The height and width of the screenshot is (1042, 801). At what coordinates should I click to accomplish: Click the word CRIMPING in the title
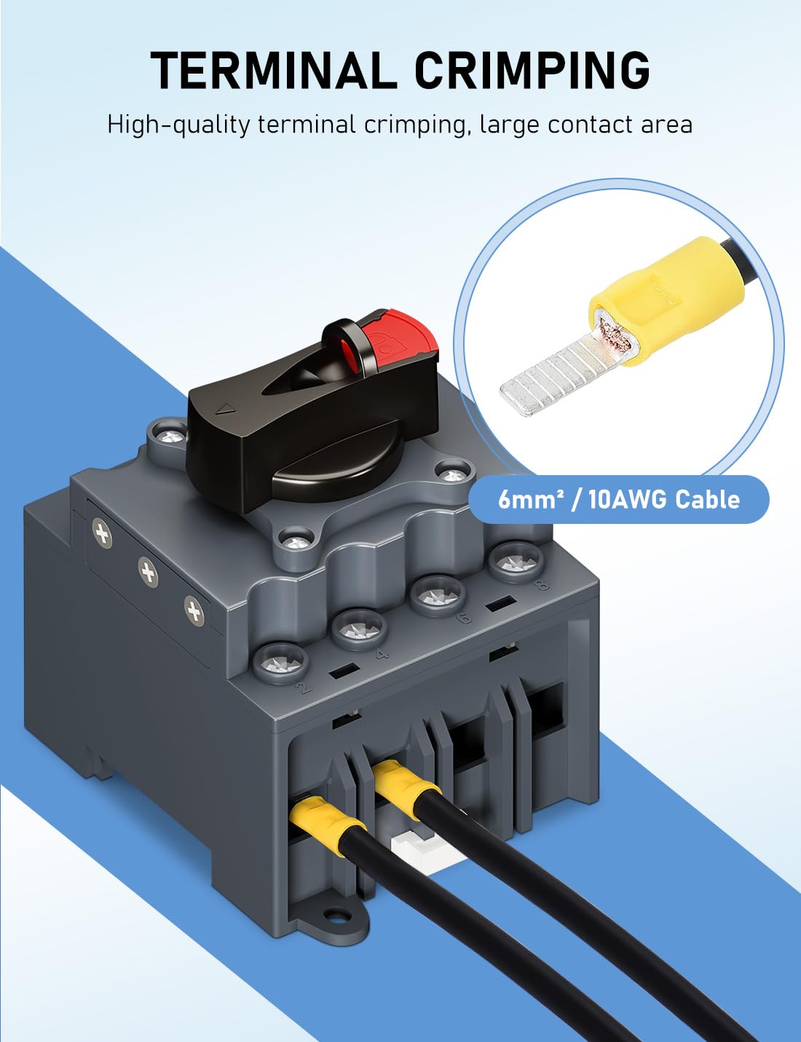click(532, 71)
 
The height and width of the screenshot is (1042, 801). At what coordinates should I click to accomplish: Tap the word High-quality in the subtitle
click(178, 125)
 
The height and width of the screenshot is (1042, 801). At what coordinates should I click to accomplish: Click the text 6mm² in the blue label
click(527, 500)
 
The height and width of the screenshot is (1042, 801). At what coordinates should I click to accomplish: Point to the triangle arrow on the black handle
click(227, 410)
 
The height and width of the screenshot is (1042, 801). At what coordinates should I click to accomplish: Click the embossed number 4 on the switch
click(379, 654)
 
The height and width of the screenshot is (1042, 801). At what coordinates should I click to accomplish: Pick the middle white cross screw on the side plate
click(149, 573)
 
